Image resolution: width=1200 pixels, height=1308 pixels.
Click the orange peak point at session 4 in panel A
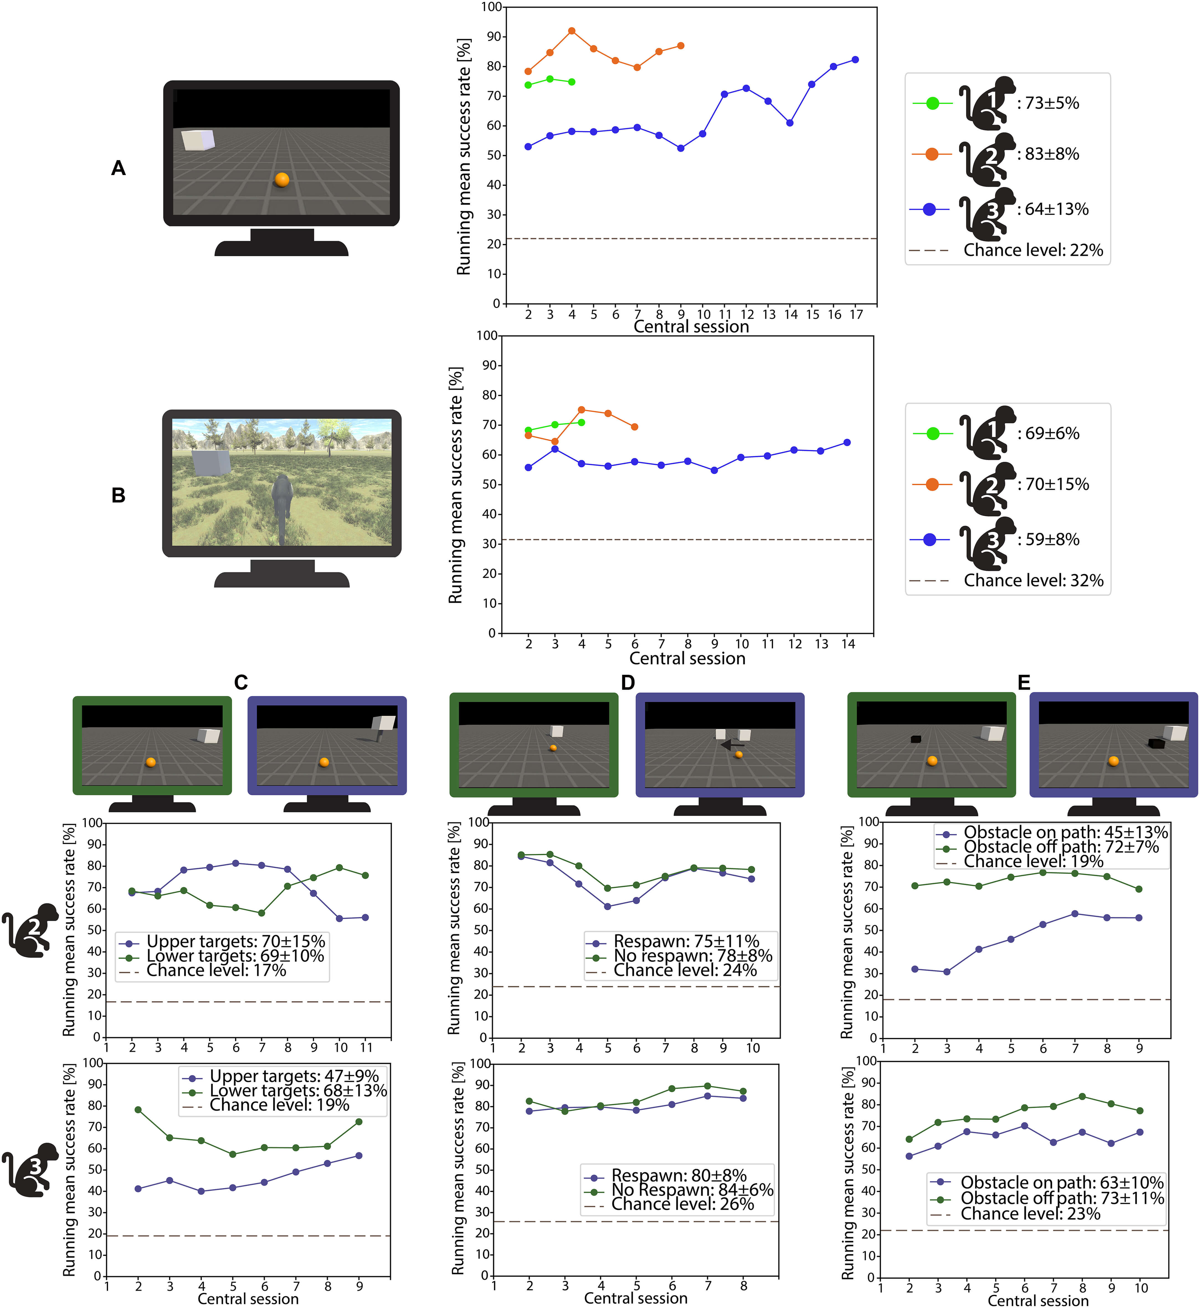pos(571,30)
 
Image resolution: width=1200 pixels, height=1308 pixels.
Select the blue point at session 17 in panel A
pos(855,60)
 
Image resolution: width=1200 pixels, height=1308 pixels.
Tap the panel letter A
pos(118,168)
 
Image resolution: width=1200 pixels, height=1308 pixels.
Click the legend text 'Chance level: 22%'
pos(1033,250)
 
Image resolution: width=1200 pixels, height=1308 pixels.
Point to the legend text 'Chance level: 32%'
pos(1033,580)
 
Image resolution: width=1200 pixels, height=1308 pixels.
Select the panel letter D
pos(628,683)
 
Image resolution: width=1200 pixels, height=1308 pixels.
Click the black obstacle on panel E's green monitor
pos(916,739)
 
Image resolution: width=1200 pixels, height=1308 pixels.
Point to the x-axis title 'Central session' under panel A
pos(691,327)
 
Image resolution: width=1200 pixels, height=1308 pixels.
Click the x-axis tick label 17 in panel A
pos(857,315)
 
